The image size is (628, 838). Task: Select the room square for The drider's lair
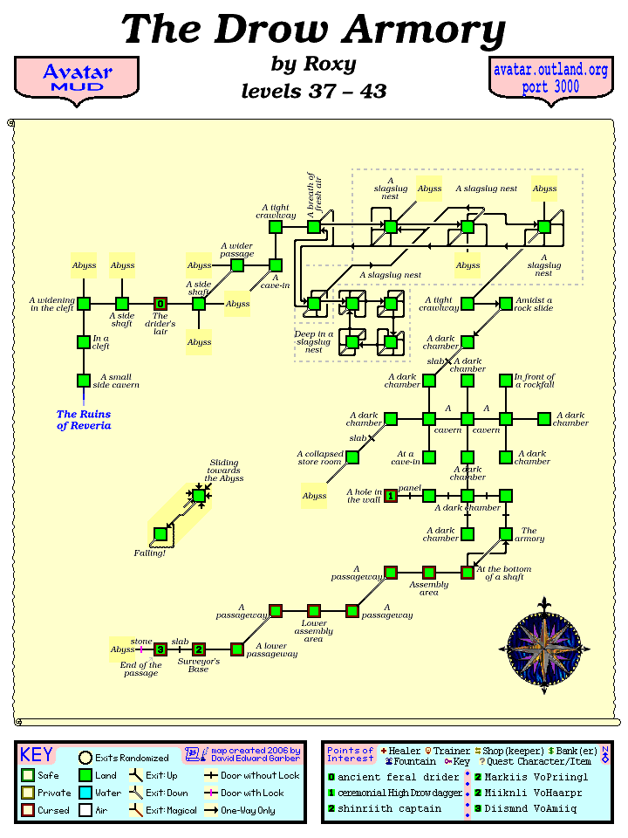160,304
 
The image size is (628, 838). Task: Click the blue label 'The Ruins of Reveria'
84,420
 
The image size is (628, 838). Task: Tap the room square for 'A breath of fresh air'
314,227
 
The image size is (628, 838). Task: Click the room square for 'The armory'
506,534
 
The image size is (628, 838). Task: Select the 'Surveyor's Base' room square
199,649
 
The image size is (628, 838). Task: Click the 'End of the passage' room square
160,649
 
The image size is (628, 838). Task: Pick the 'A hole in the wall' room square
391,496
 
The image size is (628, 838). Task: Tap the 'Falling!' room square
160,534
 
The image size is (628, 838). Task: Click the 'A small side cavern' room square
84,381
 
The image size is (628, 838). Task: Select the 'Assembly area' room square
429,573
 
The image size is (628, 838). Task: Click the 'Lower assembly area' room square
314,611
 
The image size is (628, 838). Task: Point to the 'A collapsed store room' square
352,457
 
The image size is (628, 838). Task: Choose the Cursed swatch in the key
29,811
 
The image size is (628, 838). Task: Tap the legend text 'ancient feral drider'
398,777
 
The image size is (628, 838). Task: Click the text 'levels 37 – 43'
314,91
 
